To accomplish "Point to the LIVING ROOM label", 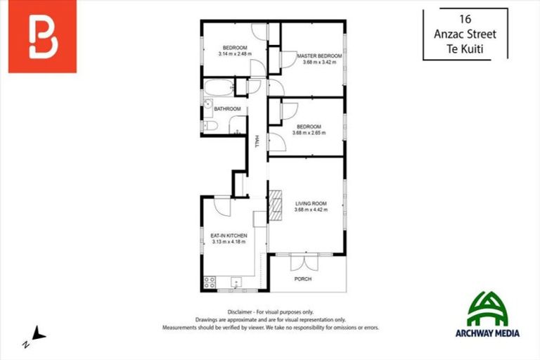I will [x=310, y=203].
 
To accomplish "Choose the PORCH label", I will [x=302, y=279].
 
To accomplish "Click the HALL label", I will [x=257, y=141].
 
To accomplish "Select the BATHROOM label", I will [x=228, y=109].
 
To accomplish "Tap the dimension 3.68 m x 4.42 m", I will [x=310, y=210].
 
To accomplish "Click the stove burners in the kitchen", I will [x=209, y=282].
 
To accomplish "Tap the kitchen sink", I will [x=236, y=283].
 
